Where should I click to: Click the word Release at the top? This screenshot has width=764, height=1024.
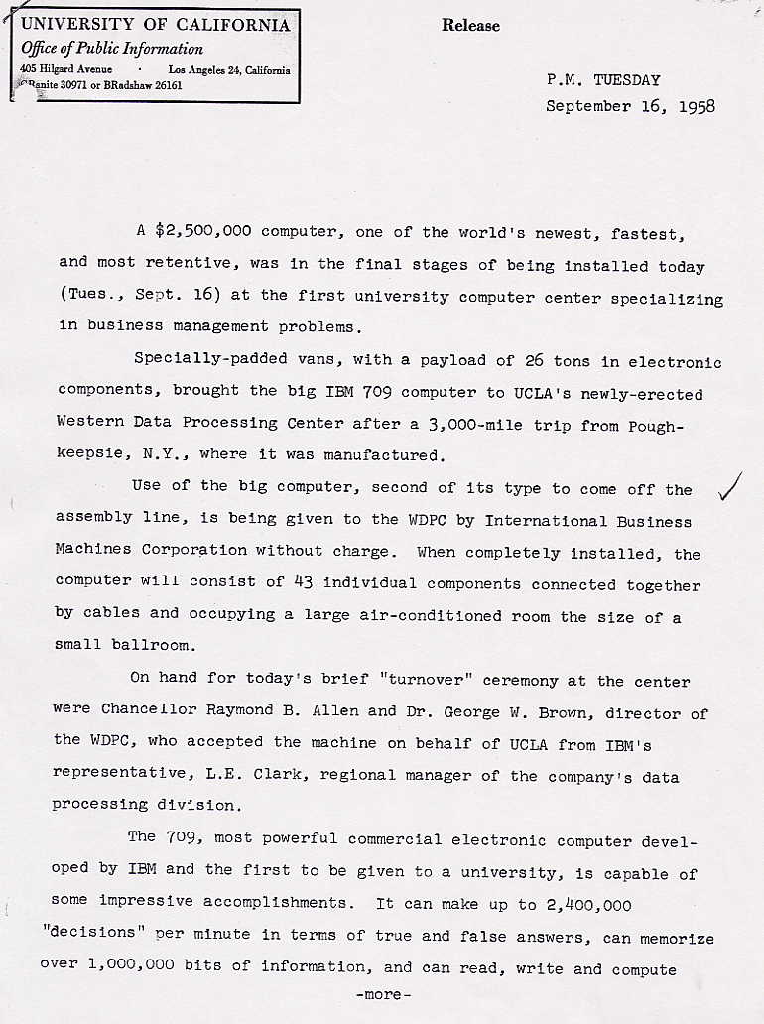pos(471,26)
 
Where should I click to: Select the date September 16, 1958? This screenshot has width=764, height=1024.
pos(630,106)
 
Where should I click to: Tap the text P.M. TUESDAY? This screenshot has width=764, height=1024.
pos(603,80)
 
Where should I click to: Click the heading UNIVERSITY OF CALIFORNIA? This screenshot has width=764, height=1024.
pos(156,25)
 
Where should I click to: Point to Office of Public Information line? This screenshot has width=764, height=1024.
pos(113,48)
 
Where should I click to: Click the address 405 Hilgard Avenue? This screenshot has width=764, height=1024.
pos(66,69)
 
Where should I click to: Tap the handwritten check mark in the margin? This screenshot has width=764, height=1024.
pos(731,487)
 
